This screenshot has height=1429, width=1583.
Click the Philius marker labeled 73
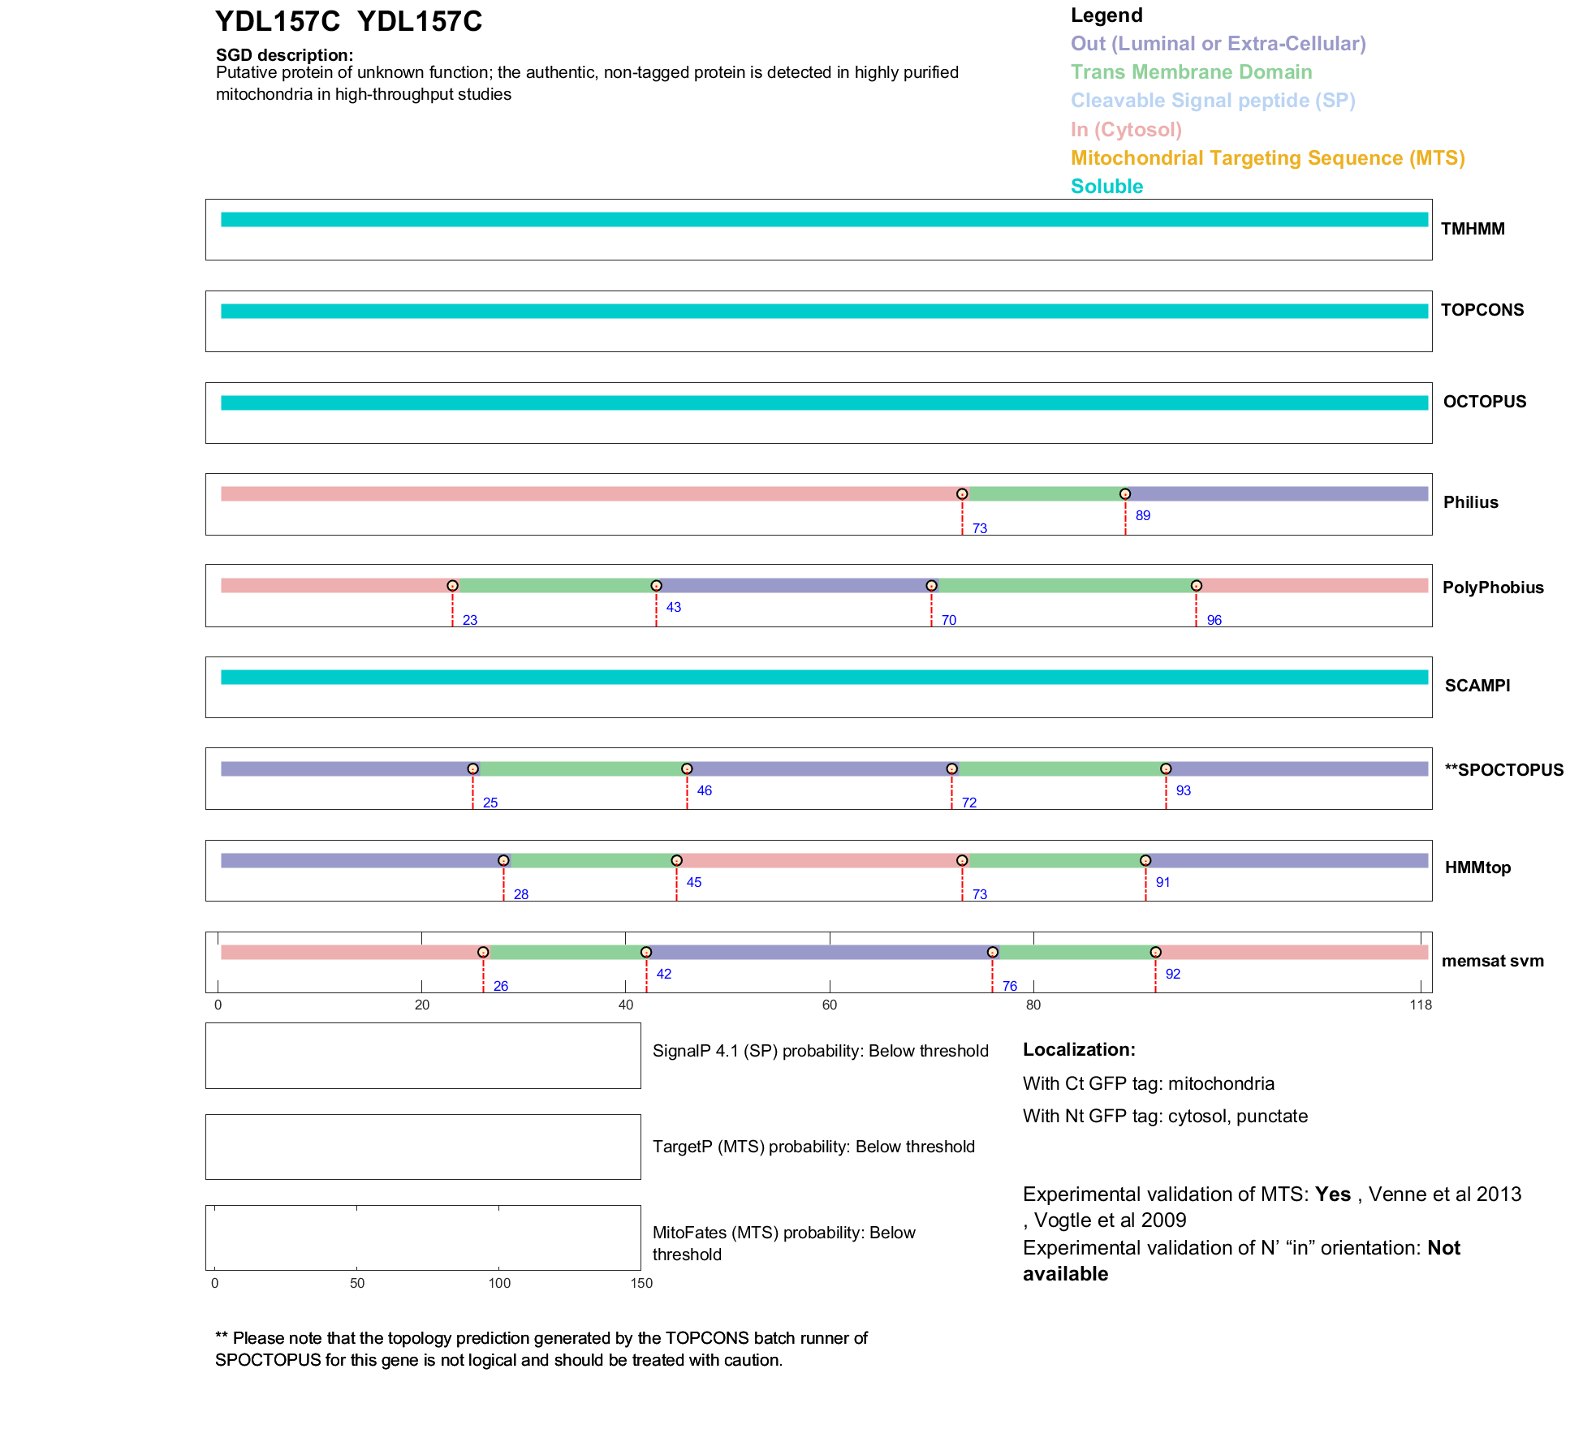pyautogui.click(x=962, y=494)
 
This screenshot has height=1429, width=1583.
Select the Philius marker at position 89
pyautogui.click(x=1125, y=494)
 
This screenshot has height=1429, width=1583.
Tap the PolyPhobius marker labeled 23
pyautogui.click(x=453, y=586)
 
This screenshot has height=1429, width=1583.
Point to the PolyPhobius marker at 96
pyautogui.click(x=1197, y=586)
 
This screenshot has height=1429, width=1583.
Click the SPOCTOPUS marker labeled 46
pyautogui.click(x=687, y=768)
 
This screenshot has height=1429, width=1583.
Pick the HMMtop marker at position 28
pyautogui.click(x=503, y=860)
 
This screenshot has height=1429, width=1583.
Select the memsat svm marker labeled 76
pyautogui.click(x=993, y=952)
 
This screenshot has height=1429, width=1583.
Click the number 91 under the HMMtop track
pyautogui.click(x=1163, y=882)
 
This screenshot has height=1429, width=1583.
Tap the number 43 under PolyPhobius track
pyautogui.click(x=674, y=607)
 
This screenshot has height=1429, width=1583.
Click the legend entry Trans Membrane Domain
pyautogui.click(x=1191, y=72)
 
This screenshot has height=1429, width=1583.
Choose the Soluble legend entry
pyautogui.click(x=1106, y=187)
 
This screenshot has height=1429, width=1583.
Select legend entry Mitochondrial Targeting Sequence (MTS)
pyautogui.click(x=1267, y=158)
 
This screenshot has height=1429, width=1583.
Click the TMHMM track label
pyautogui.click(x=1473, y=229)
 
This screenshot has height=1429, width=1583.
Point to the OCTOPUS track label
pyautogui.click(x=1485, y=402)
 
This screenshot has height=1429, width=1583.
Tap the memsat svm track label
pyautogui.click(x=1493, y=961)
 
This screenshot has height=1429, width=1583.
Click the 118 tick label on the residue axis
pyautogui.click(x=1421, y=1005)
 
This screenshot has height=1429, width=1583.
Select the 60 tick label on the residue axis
pyautogui.click(x=830, y=1005)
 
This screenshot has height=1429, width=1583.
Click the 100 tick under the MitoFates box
pyautogui.click(x=499, y=1284)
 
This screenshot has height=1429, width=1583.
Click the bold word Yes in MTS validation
pyautogui.click(x=1333, y=1194)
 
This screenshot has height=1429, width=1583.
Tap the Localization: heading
pyautogui.click(x=1079, y=1050)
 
